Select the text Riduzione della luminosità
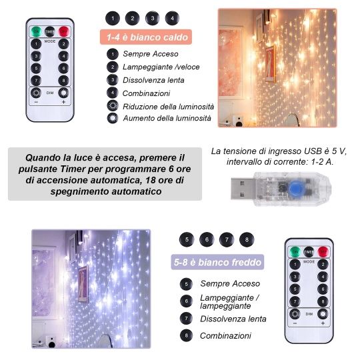pyautogui.click(x=168, y=106)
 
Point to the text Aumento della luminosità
pyautogui.click(x=167, y=118)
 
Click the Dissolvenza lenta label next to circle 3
pyautogui.click(x=153, y=80)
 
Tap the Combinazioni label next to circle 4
pyautogui.click(x=147, y=93)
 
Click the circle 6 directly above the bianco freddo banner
pyautogui.click(x=206, y=239)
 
